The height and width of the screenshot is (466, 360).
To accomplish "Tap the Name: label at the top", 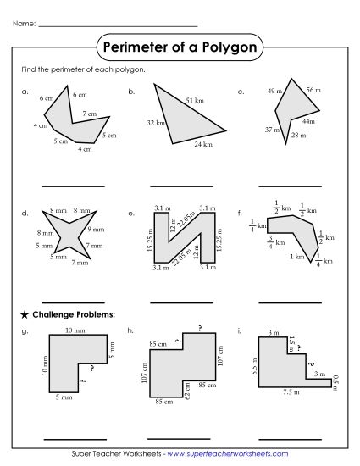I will pos(25,24).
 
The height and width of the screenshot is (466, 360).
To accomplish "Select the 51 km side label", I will pos(194,101).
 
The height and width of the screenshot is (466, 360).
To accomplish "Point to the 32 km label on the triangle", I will pos(155,124).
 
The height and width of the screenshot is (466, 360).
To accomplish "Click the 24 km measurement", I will pos(202,145).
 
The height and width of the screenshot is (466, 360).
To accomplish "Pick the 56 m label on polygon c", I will pos(313,90).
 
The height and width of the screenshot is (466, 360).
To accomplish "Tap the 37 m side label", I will pos(271,130).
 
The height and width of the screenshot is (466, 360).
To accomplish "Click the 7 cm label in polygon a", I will pos(89,113).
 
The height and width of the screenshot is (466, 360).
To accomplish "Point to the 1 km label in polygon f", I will pos(297,257).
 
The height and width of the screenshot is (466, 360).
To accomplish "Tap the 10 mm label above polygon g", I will pos(74,330).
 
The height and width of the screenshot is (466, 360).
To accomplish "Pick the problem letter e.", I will pos(131,214).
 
